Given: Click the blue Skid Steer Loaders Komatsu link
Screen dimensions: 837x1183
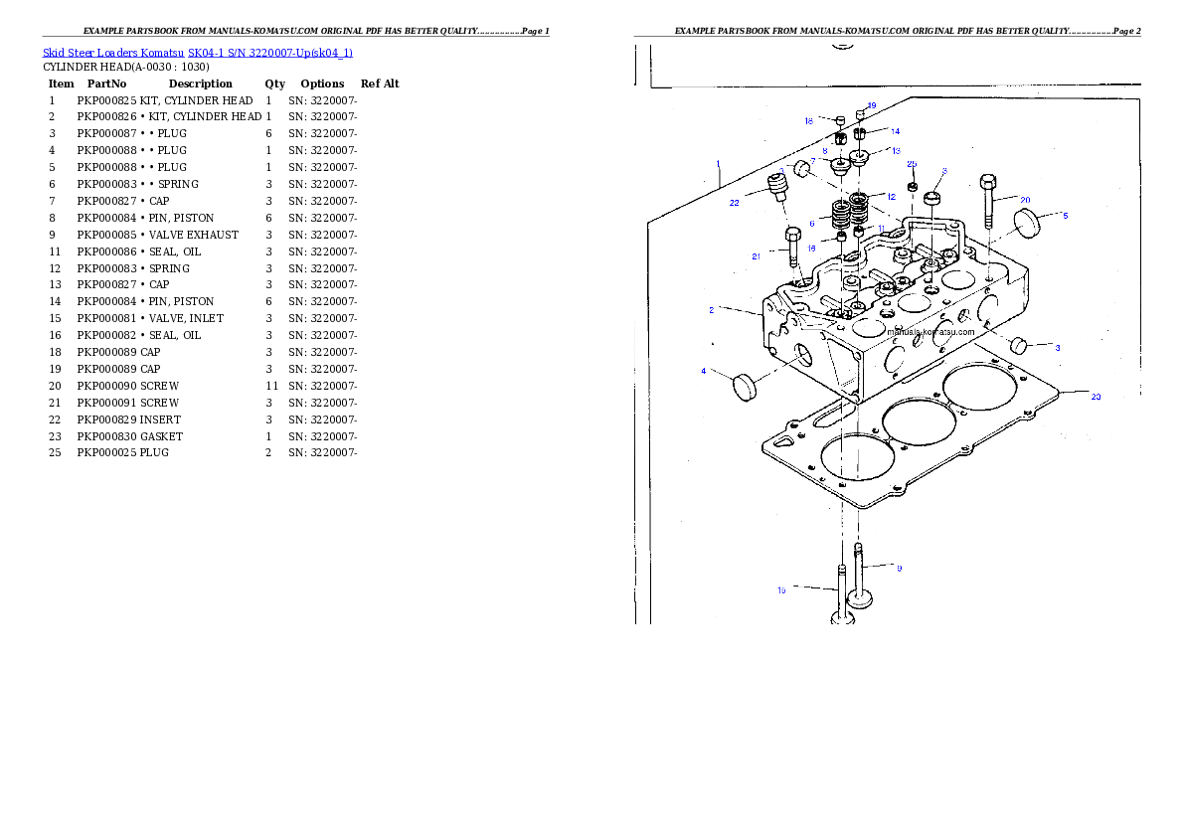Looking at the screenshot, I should pos(197,53).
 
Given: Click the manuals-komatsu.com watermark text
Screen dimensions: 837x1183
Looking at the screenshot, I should pos(932,332).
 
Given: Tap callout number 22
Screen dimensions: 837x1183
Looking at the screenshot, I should pos(734,203).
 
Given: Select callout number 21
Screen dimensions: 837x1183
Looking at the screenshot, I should pos(757,256).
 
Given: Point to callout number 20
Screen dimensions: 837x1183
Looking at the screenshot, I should pos(1025,200).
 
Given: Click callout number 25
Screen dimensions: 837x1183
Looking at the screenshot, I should pos(912,164).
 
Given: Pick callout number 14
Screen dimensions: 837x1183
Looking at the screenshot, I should pos(895,131).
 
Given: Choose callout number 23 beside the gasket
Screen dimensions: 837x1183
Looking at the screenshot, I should pos(1096,397).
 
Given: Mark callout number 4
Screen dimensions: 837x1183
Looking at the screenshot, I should pos(704,371).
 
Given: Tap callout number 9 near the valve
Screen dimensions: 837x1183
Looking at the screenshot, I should pos(899,569).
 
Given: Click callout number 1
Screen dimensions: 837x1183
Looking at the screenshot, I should pos(717,161).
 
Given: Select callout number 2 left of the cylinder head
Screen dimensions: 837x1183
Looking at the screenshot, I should pos(712,310).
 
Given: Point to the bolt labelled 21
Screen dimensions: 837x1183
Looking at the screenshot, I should pos(793,248).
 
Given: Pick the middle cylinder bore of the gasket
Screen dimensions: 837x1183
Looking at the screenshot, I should pos(919,423).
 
